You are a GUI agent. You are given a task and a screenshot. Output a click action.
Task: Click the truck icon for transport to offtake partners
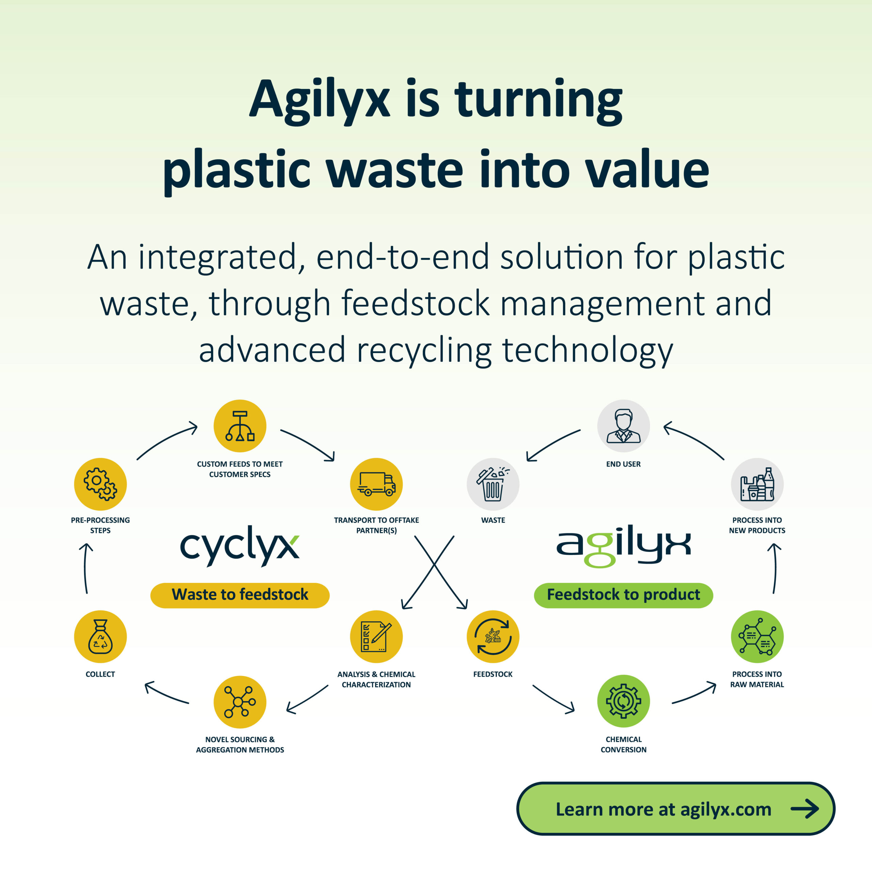[376, 484]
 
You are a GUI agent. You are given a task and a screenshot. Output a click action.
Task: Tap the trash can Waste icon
[493, 484]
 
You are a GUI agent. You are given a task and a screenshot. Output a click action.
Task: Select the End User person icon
[623, 426]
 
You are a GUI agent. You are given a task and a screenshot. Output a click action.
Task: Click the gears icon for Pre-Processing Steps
[100, 484]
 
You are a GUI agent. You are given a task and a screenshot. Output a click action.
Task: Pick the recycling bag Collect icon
[100, 636]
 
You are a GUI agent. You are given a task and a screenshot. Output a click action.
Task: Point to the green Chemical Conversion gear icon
[623, 701]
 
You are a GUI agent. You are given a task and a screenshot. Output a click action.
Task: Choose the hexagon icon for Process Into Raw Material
[757, 636]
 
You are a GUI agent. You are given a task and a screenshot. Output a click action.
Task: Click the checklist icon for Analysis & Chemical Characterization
[376, 636]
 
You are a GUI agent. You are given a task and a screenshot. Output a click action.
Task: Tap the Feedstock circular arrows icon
[493, 636]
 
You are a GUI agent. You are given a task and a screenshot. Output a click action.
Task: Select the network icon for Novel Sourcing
[240, 702]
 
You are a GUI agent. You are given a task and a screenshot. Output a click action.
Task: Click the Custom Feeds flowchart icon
[240, 426]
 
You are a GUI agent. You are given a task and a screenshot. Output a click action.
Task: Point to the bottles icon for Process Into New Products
[757, 484]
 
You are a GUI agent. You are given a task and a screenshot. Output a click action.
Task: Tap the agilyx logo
[623, 546]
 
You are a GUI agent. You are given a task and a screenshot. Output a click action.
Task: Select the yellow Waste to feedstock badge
[240, 595]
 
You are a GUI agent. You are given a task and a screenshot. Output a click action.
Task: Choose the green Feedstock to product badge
[623, 595]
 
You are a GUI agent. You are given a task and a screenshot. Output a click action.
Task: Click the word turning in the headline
[539, 102]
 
